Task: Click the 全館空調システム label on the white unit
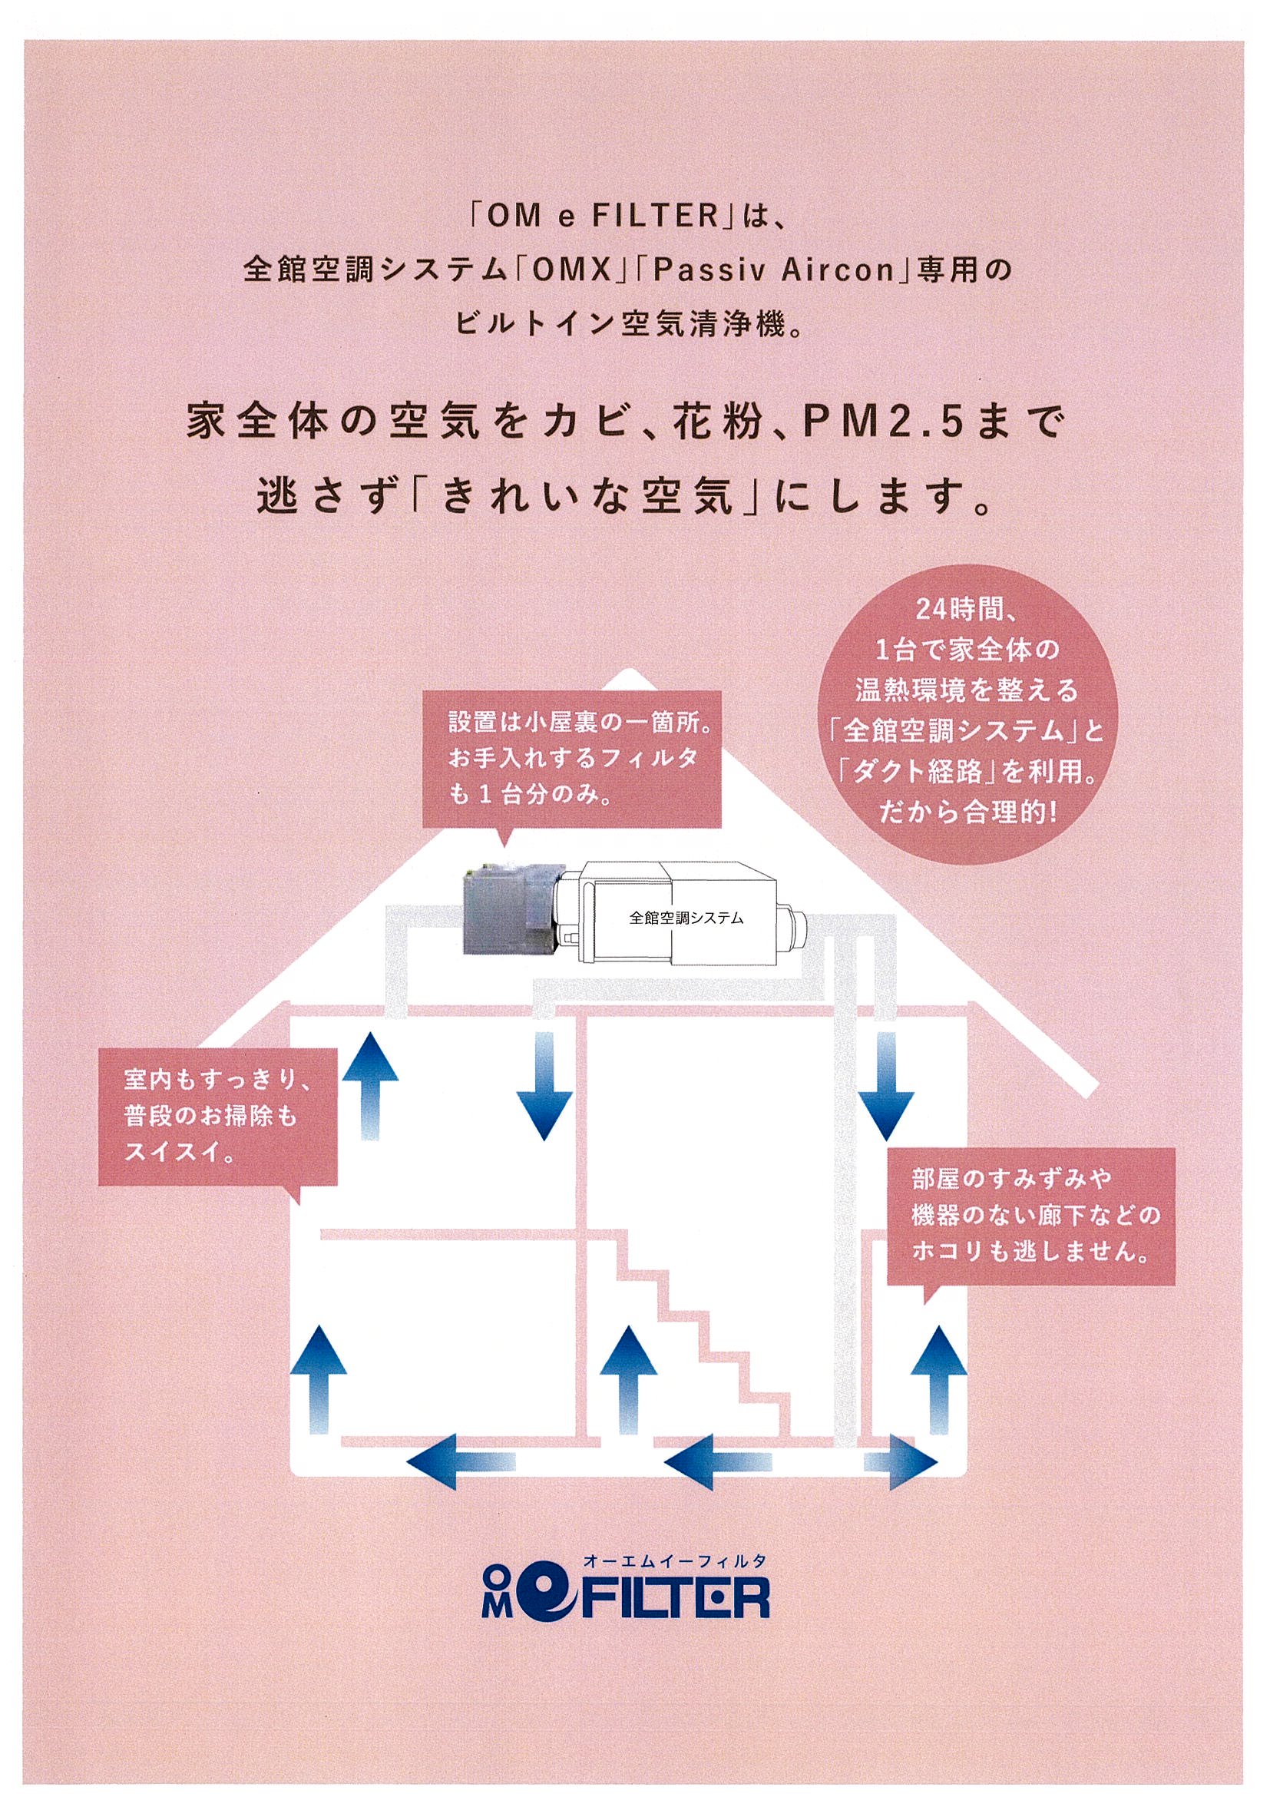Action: coord(686,918)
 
